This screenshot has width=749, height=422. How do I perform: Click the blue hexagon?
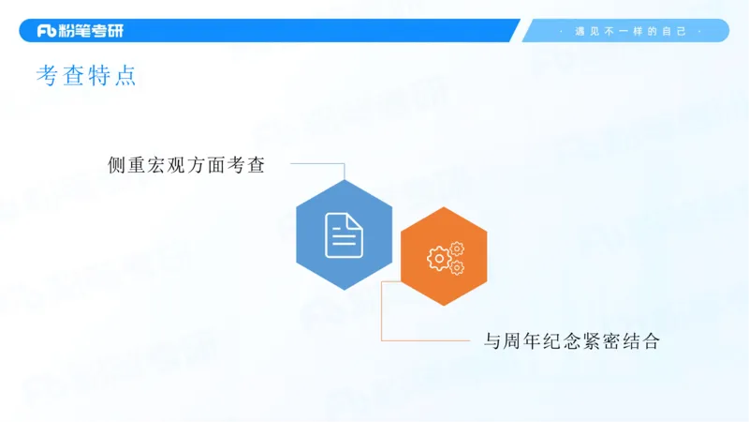pos(344,234)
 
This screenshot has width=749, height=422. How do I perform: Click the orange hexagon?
pos(444,256)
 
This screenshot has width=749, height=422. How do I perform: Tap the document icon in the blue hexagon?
pos(344,234)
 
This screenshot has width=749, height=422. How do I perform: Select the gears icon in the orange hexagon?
pos(446,257)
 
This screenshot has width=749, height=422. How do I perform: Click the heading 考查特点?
pos(86,76)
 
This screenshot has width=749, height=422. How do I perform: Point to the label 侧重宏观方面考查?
pos(186,165)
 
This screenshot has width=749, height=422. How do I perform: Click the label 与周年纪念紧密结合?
pos(571,341)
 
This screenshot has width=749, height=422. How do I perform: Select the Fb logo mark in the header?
pos(47,31)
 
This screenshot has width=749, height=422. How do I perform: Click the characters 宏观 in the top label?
pos(174,165)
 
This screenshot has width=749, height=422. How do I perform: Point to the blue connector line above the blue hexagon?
pos(318,163)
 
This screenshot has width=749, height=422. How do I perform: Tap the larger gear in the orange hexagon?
pos(438,258)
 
